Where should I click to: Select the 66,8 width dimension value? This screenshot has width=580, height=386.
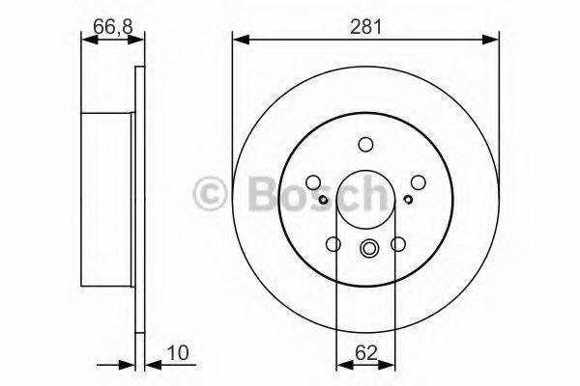(x=112, y=26)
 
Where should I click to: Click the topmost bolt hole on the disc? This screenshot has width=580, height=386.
(x=365, y=146)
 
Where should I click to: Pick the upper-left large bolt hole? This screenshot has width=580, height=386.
(x=313, y=181)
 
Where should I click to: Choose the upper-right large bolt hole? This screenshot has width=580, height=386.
(x=418, y=181)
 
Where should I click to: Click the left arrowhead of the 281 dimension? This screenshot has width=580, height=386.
(x=239, y=40)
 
